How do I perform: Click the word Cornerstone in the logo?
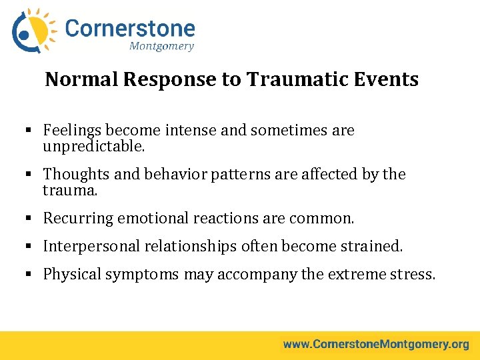[x=130, y=29]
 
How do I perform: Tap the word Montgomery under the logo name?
[x=161, y=46]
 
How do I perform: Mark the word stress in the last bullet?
[x=411, y=274]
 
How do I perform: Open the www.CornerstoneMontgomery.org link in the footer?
[x=376, y=345]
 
